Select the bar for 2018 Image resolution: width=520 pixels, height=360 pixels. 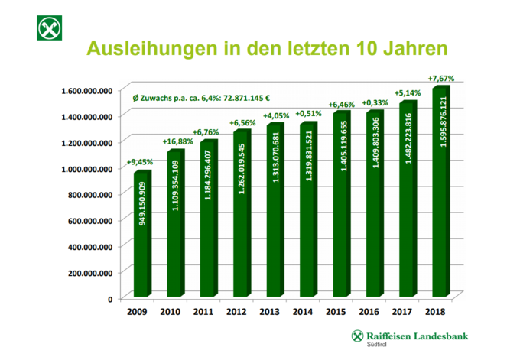click(441, 191)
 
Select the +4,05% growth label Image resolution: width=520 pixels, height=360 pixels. click(275, 116)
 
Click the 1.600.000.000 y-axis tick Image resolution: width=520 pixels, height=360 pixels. click(86, 90)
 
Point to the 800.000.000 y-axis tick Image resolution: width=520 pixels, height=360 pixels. click(90, 194)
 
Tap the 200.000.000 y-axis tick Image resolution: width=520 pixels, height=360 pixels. click(90, 272)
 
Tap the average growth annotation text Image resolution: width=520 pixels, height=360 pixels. click(202, 99)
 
